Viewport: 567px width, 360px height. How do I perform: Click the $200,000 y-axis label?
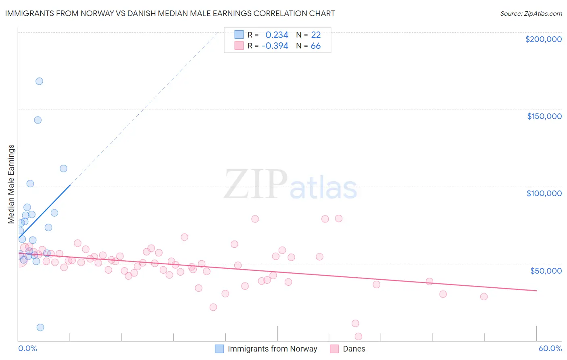point(543,39)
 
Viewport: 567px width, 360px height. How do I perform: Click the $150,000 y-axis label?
point(544,116)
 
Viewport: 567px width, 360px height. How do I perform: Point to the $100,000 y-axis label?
point(544,193)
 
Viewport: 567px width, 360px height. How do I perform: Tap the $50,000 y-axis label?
point(546,270)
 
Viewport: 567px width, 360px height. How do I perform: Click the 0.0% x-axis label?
point(27,348)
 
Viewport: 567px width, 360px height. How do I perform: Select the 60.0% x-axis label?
point(550,348)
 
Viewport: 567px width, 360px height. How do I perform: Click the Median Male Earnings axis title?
point(11,184)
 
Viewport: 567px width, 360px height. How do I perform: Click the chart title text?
point(170,13)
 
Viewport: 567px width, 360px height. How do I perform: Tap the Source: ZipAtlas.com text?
point(531,14)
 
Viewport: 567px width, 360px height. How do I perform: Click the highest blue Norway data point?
point(39,81)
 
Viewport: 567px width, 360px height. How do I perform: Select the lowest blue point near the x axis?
point(40,327)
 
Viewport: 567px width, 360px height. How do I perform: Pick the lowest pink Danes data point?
point(358,337)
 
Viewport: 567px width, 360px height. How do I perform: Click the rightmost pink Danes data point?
point(484,297)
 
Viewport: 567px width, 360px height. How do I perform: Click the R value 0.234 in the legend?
point(277,35)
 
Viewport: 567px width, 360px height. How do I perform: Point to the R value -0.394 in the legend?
point(275,46)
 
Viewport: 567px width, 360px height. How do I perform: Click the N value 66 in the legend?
point(315,46)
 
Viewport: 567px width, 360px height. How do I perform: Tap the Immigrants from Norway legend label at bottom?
point(272,349)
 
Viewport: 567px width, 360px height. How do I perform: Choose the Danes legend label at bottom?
point(354,349)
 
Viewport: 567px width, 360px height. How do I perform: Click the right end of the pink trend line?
point(536,291)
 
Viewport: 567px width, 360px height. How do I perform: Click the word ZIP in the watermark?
point(256,184)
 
